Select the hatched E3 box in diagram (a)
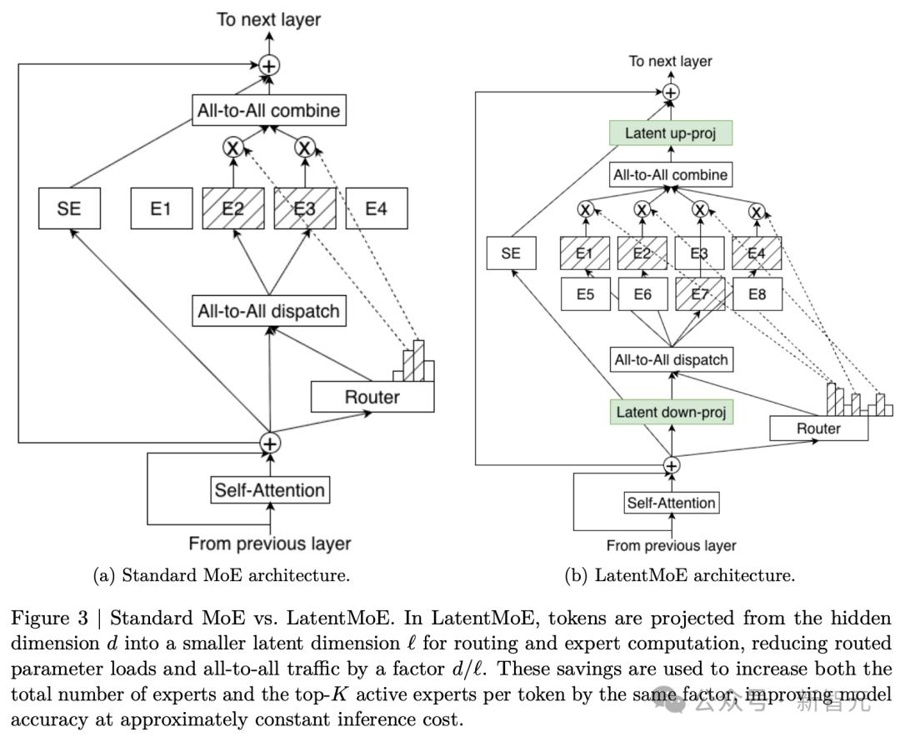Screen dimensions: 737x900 pyautogui.click(x=305, y=208)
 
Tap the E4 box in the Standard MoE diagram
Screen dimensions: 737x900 pyautogui.click(x=377, y=208)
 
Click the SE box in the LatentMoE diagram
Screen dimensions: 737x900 pyautogui.click(x=511, y=253)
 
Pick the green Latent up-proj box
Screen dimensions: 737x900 pyautogui.click(x=670, y=133)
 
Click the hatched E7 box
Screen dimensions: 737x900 pyautogui.click(x=699, y=294)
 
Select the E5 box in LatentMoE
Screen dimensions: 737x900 pyautogui.click(x=585, y=294)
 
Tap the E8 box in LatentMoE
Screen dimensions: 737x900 pyautogui.click(x=757, y=294)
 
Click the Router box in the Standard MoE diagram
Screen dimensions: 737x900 pyautogui.click(x=372, y=397)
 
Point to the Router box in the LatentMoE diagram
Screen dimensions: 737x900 pyautogui.click(x=818, y=429)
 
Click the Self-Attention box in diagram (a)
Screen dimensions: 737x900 pyautogui.click(x=269, y=489)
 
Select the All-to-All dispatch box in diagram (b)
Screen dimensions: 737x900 pyautogui.click(x=671, y=360)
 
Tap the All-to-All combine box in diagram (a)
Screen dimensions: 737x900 pyautogui.click(x=268, y=110)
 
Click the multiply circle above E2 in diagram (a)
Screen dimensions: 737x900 pyautogui.click(x=233, y=148)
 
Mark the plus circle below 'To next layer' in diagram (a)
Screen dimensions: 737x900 pyautogui.click(x=269, y=64)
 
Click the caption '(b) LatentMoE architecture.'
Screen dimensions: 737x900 pyautogui.click(x=679, y=575)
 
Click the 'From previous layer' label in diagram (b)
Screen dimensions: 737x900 pyautogui.click(x=671, y=545)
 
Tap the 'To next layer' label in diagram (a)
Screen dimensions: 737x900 pyautogui.click(x=268, y=19)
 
